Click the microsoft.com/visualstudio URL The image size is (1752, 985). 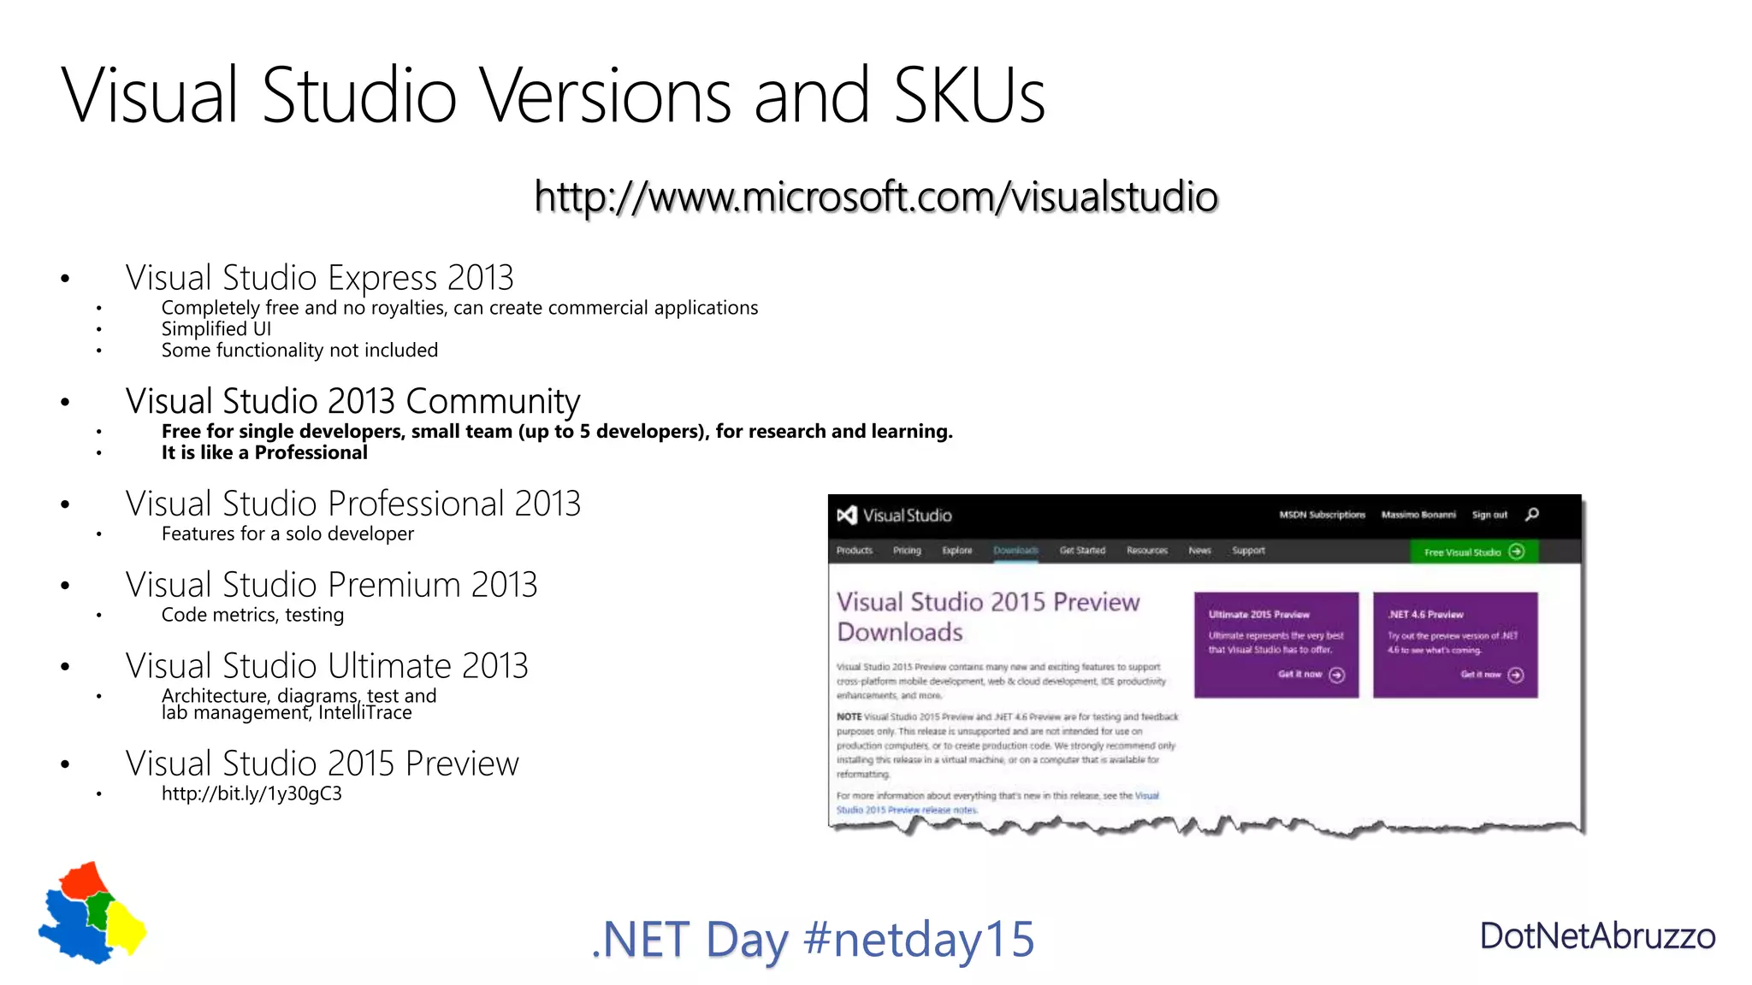[x=876, y=197]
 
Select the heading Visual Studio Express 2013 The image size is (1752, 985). [x=319, y=278]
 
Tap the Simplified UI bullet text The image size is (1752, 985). [x=216, y=329]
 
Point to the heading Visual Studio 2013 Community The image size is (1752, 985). [x=352, y=401]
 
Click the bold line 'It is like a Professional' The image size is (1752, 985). [x=264, y=453]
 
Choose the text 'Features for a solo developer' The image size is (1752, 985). [x=287, y=534]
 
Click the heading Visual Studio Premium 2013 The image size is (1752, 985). [x=331, y=585]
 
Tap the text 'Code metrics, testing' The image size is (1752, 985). [x=252, y=616]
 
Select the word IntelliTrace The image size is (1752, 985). [x=365, y=713]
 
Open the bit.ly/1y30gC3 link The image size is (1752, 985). [x=252, y=794]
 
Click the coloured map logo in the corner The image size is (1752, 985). [x=92, y=912]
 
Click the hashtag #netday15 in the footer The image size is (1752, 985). [x=919, y=939]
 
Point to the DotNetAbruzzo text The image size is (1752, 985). [x=1597, y=936]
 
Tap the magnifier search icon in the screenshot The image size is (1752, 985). [x=1532, y=514]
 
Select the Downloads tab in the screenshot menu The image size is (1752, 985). [x=1015, y=551]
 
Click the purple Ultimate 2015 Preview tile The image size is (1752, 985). [x=1276, y=645]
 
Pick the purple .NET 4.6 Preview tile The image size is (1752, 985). [x=1455, y=645]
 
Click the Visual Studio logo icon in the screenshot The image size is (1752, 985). [x=847, y=515]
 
